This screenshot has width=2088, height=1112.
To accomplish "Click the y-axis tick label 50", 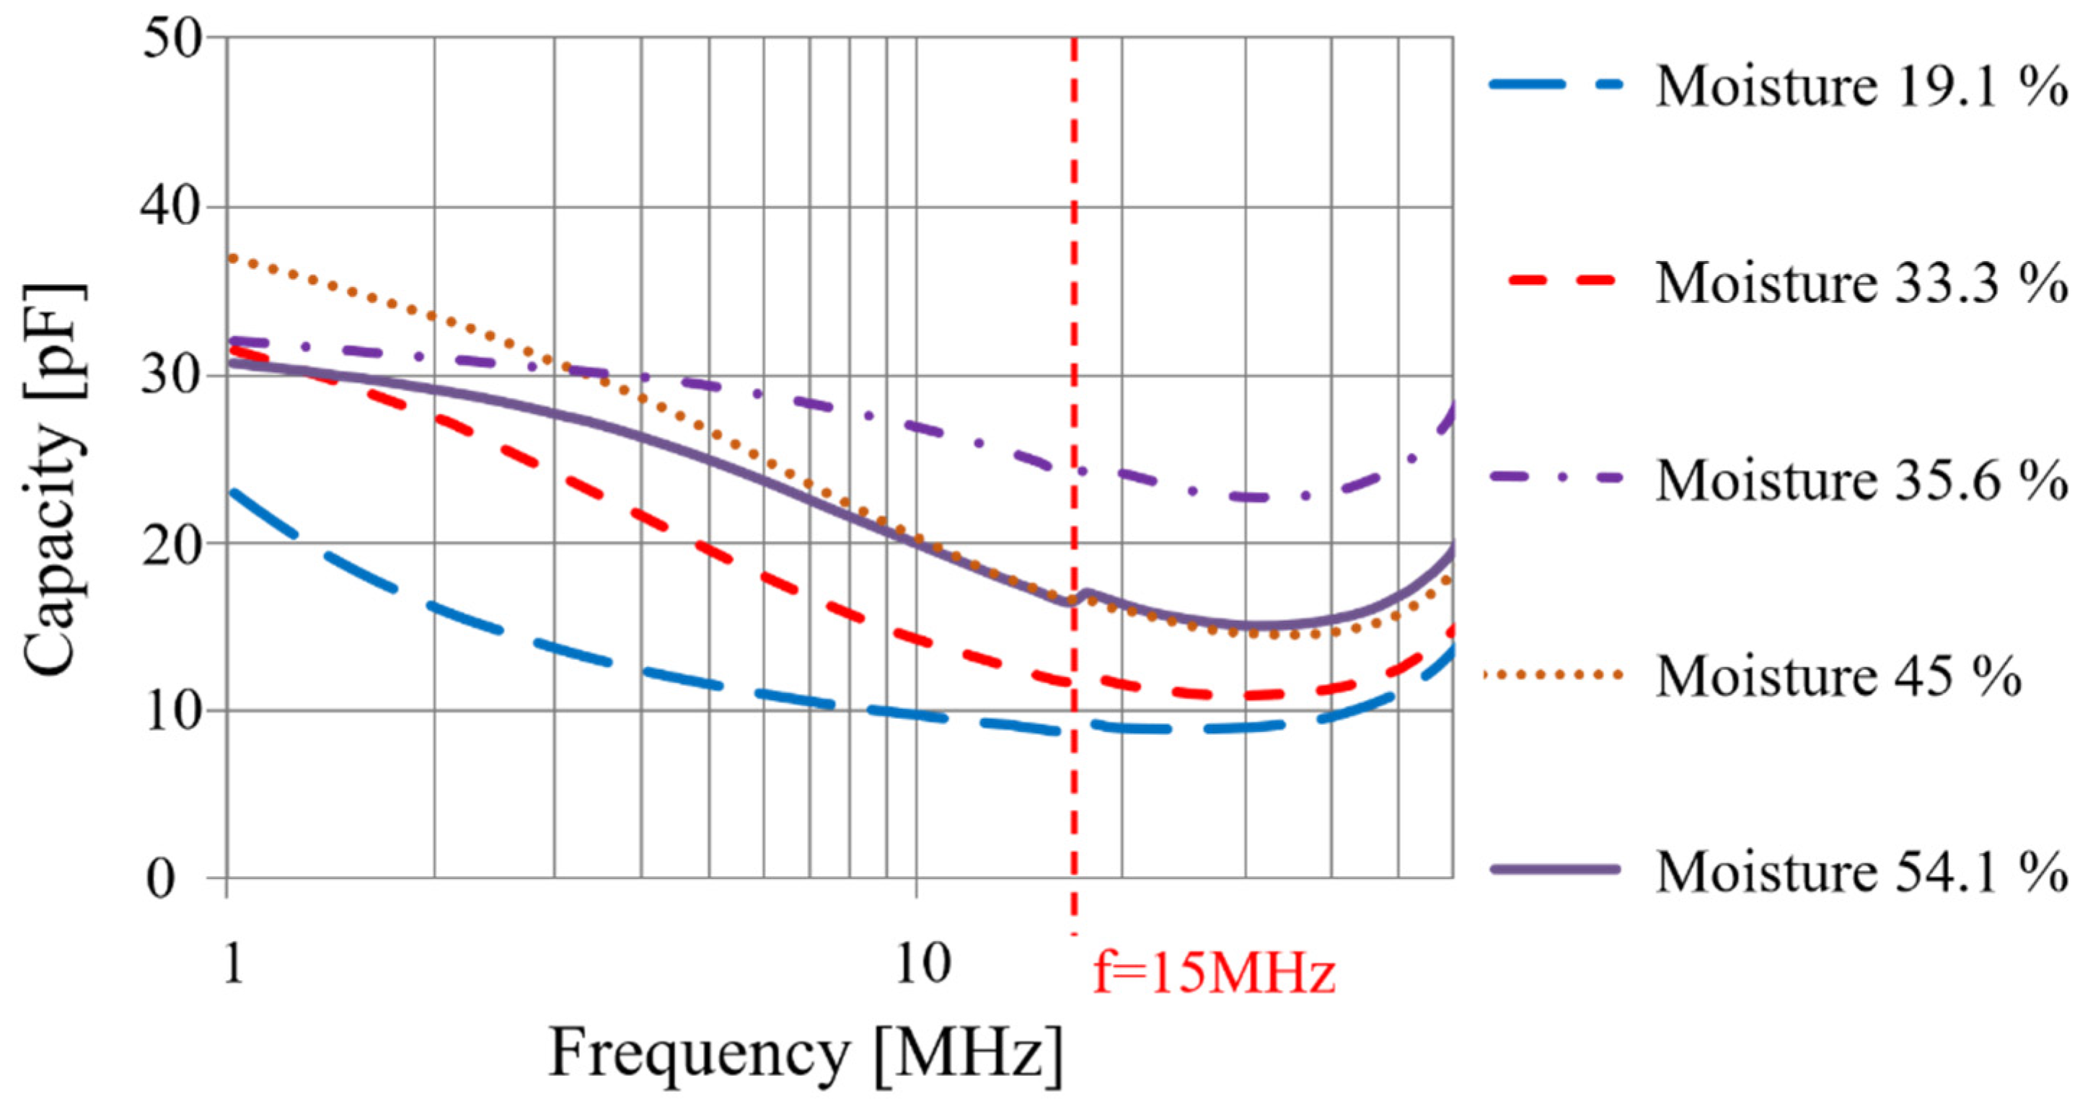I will point(172,39).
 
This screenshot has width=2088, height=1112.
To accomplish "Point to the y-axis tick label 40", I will point(172,208).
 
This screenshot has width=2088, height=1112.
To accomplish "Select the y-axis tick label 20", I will point(172,544).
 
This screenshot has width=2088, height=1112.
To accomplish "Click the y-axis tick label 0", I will point(161,878).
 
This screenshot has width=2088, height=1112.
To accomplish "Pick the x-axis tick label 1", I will point(233,964).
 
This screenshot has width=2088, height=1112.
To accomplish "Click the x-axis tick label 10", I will point(923,964).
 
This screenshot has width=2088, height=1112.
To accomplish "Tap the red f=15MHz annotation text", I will point(1213,973).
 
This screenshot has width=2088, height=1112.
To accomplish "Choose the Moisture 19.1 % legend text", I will point(1861,86).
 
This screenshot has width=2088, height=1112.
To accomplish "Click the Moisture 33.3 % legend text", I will point(1861,283).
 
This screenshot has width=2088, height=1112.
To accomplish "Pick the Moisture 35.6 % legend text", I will point(1861,480).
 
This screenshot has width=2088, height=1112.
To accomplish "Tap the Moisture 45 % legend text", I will point(1838,676).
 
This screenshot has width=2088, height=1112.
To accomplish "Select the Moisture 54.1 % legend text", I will point(1861,872).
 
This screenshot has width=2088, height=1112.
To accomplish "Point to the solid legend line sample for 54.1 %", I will point(1555,869).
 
